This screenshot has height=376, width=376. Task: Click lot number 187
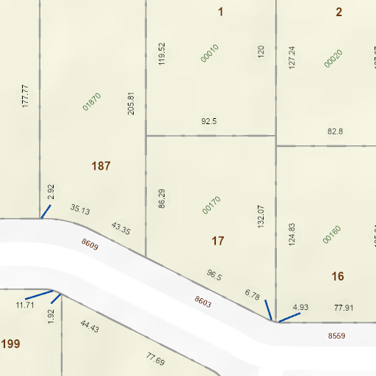[101, 166]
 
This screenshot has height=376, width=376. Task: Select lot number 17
[217, 241]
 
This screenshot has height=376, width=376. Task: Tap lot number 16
[338, 276]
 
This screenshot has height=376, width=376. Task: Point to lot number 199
[10, 344]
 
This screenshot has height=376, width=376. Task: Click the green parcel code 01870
[92, 101]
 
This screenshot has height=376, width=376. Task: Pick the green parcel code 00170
[211, 205]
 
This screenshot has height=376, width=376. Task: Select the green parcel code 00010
[210, 52]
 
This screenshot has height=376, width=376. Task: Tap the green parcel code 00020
[333, 58]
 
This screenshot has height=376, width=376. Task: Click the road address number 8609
[90, 244]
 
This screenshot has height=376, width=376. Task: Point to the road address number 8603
[203, 300]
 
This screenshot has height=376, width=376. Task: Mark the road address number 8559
[336, 336]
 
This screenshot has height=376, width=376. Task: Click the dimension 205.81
[131, 104]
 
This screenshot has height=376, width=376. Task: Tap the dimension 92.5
[209, 121]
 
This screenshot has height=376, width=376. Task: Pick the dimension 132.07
[260, 217]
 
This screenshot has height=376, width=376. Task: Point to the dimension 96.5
[214, 275]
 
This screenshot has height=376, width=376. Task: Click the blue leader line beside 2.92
[45, 211]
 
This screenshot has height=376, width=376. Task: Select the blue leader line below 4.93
[289, 317]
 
